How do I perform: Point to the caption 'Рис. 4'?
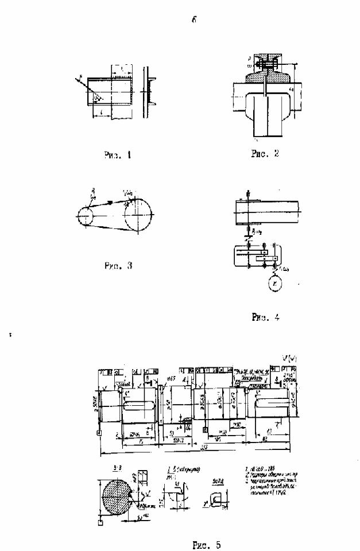pos(265,316)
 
